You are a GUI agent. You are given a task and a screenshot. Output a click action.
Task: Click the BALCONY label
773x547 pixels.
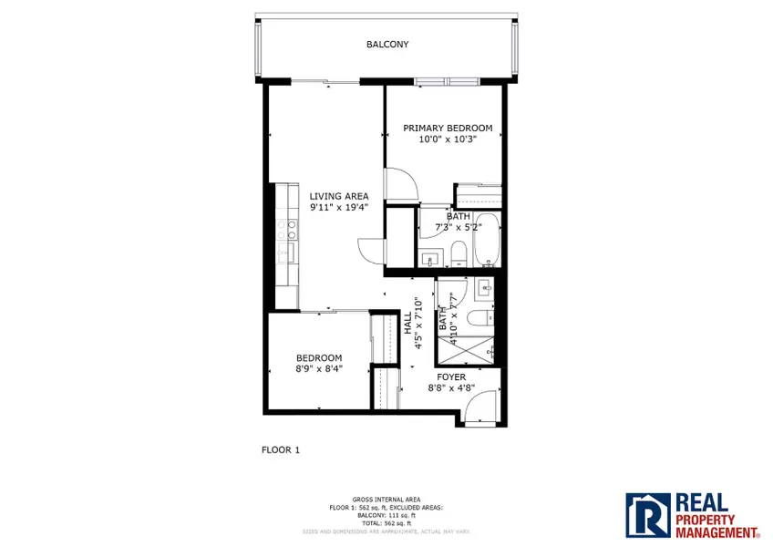click(x=387, y=44)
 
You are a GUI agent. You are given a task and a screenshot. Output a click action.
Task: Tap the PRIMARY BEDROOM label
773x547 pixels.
click(x=448, y=129)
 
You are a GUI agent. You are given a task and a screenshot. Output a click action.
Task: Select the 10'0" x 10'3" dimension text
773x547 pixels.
click(x=448, y=139)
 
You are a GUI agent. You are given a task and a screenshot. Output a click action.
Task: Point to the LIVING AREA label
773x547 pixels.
click(x=338, y=196)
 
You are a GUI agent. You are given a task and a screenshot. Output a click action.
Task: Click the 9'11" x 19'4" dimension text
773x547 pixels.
click(x=338, y=207)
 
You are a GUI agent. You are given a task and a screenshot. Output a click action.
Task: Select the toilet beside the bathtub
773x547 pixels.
click(x=458, y=253)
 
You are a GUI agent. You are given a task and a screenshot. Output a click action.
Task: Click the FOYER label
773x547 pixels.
click(x=451, y=377)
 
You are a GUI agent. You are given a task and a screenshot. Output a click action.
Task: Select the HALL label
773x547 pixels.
click(x=407, y=324)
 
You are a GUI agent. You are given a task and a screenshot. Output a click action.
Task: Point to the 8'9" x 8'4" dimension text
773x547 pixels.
click(x=318, y=369)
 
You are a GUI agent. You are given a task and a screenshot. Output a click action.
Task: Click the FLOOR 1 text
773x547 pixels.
click(x=280, y=449)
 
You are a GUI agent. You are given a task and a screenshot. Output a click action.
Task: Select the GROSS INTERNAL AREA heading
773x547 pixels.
click(x=387, y=499)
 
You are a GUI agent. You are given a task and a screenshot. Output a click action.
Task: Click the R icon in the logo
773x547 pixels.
click(x=647, y=514)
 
